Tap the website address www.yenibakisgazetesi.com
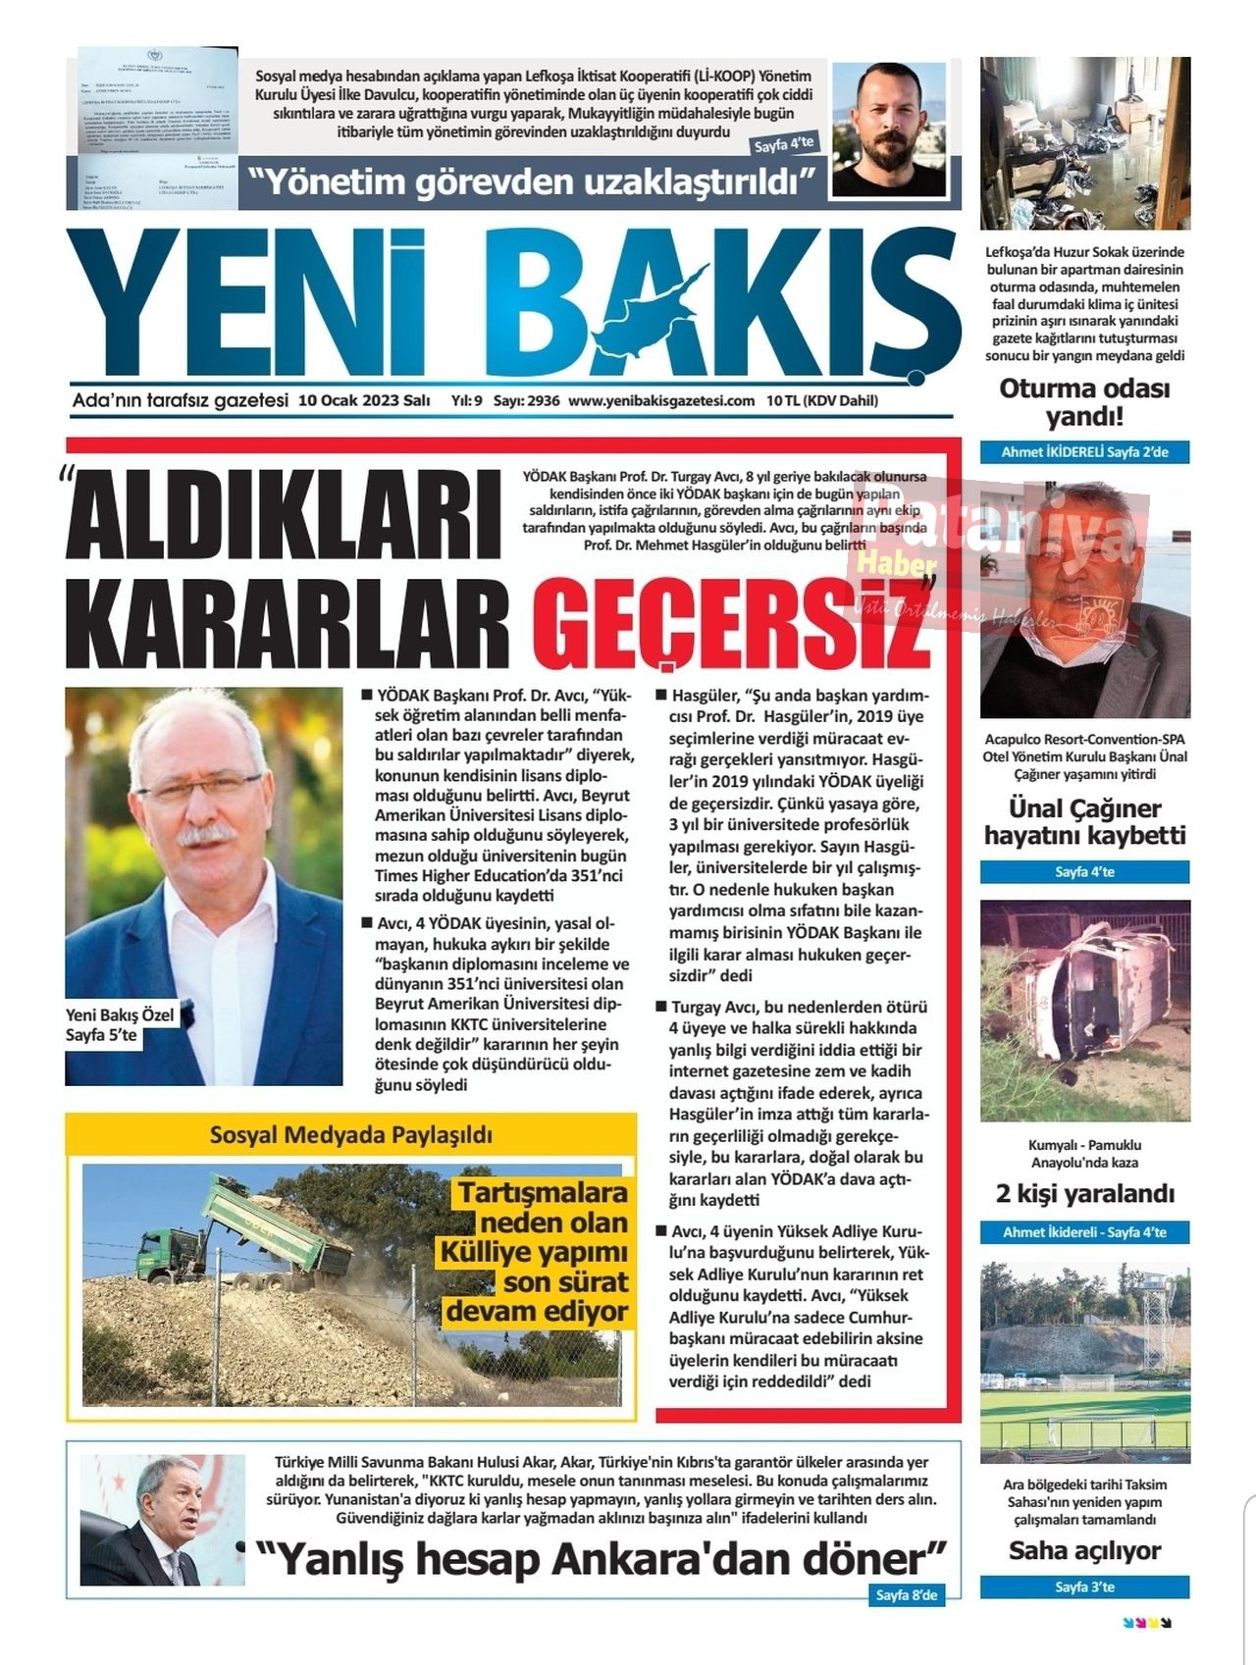(661, 400)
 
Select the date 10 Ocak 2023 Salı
(364, 400)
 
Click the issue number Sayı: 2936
(526, 400)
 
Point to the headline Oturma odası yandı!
(1084, 402)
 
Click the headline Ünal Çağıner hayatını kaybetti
(1084, 822)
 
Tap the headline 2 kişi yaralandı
(1084, 1194)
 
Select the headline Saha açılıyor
(1084, 1551)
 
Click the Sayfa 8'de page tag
(907, 1595)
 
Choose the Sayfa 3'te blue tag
(1084, 1587)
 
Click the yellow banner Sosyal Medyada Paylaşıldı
(351, 1135)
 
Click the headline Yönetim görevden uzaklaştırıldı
(533, 182)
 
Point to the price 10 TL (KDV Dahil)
(822, 400)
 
